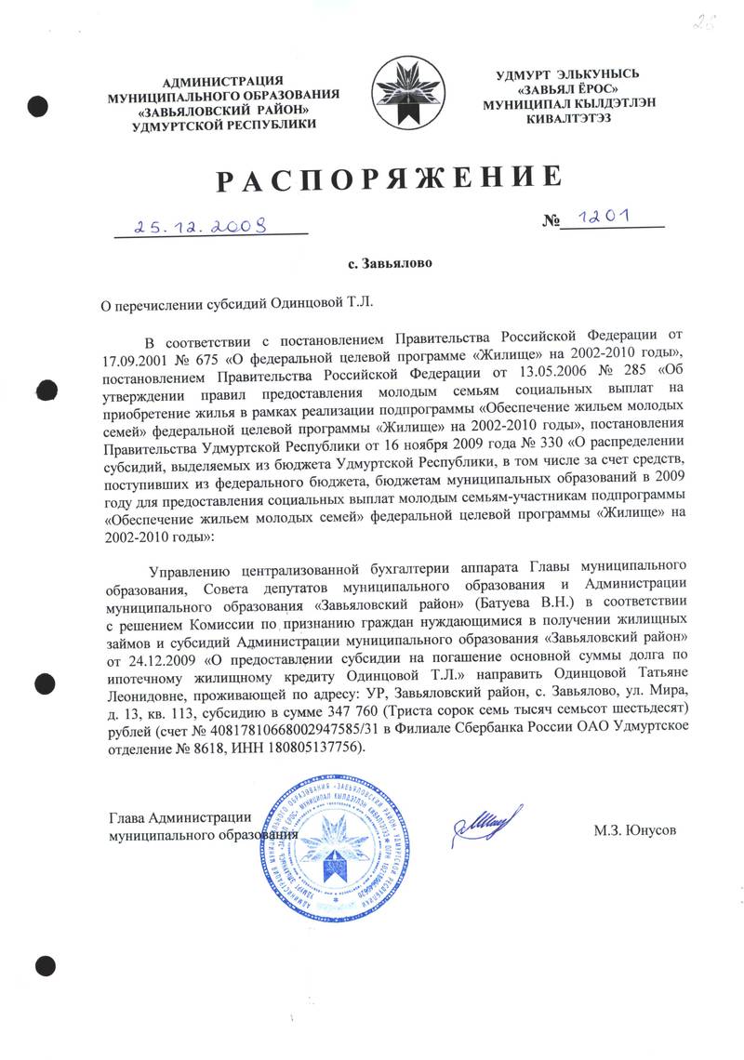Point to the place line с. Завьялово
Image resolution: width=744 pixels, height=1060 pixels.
coord(390,264)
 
